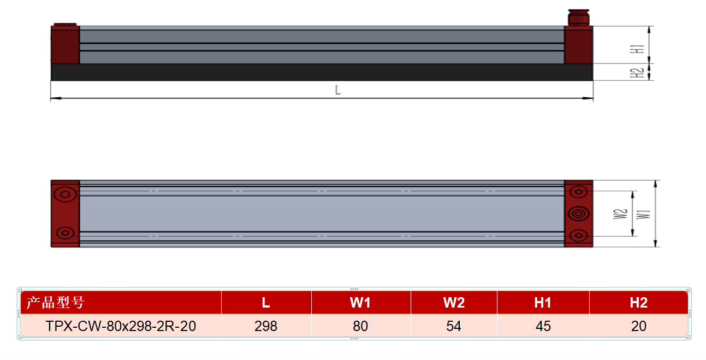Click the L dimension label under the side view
338,90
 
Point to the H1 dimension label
637,49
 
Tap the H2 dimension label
637,73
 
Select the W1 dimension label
643,214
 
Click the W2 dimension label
620,214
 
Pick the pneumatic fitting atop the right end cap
579,17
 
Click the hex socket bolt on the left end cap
65,194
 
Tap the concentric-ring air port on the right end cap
579,214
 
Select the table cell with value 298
266,326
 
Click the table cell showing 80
360,326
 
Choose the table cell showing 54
454,326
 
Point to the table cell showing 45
543,326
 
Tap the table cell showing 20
638,326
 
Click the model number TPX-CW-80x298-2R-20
121,326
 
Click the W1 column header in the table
360,302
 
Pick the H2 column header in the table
638,302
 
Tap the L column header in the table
266,302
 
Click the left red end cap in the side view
65,45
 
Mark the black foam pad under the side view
322,72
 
